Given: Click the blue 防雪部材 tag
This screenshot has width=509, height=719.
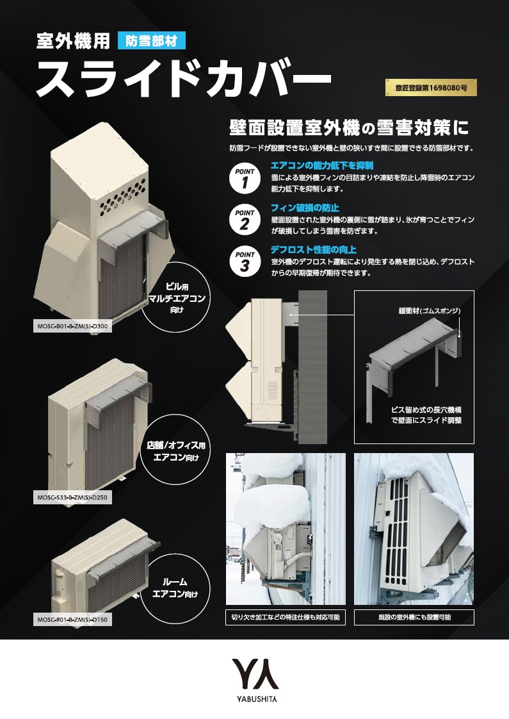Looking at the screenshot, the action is coord(152,40).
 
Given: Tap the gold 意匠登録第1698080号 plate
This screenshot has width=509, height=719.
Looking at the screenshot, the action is coord(431,87).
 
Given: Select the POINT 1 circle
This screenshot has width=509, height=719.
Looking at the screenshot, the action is coord(245,178).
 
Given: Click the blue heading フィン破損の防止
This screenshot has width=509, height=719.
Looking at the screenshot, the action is coord(305,208).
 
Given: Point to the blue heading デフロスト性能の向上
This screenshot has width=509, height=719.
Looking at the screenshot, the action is coord(313,249).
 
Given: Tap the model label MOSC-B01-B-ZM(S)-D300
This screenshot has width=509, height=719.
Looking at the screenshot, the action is coord(72,327).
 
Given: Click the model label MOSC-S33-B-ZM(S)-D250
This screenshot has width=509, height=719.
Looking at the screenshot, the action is coord(72,497).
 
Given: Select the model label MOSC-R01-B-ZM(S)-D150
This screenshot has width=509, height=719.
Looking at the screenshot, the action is coord(72,620).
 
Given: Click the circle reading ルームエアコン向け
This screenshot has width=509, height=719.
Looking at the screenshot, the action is coord(175,588).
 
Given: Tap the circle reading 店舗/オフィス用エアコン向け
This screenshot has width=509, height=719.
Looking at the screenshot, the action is coord(175,450).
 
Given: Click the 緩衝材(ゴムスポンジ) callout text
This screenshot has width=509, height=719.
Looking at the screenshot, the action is coord(430,311).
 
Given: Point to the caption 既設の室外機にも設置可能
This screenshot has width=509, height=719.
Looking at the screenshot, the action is coord(414,617).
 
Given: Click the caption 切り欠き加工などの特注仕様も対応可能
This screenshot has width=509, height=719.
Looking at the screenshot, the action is coord(286,617).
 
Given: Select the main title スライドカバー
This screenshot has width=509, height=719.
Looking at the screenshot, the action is coord(183,78).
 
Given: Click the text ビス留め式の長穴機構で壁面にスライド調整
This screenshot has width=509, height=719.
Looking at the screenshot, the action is coord(426,415).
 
